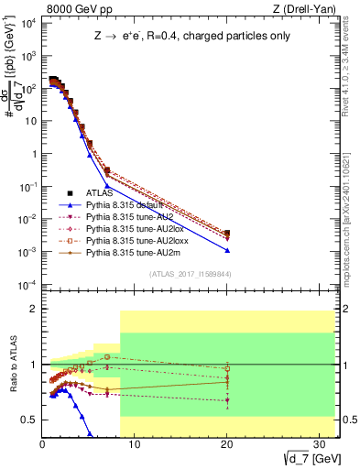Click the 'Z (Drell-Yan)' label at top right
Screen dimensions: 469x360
pyautogui.click(x=306, y=10)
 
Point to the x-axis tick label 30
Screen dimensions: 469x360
pyautogui.click(x=320, y=444)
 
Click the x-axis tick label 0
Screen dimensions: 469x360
pyautogui.click(x=43, y=444)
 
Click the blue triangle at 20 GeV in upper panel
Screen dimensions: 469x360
pyautogui.click(x=226, y=250)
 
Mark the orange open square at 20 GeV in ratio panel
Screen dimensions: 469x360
pyautogui.click(x=226, y=368)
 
